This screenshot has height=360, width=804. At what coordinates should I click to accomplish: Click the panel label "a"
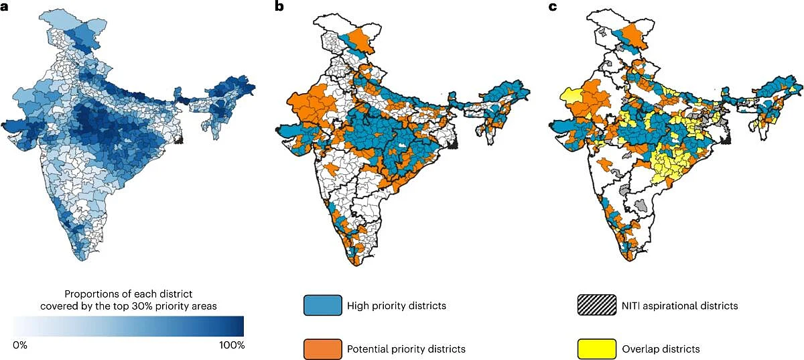point(5,7)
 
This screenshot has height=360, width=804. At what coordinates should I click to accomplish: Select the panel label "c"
point(553,7)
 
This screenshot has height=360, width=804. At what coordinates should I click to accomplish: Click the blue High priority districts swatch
point(322,306)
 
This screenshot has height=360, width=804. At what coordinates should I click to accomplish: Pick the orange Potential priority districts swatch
point(322,349)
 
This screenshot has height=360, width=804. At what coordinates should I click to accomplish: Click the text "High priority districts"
point(396,306)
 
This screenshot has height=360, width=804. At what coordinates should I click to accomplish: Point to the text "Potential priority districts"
point(406,349)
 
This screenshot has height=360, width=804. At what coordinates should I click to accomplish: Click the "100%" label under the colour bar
point(232,345)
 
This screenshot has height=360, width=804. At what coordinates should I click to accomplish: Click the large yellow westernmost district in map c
point(567,97)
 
